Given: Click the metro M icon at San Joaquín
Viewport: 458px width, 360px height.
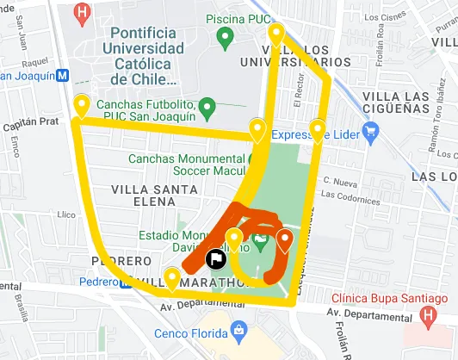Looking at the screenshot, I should [x=62, y=76].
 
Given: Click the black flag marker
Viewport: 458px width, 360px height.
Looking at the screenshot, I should [x=215, y=256].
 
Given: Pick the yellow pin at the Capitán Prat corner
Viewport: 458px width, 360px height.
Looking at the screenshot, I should [x=82, y=105].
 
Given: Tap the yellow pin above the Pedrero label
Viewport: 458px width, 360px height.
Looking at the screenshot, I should [x=172, y=278].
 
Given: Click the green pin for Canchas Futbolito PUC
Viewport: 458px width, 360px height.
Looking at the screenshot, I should [x=207, y=108].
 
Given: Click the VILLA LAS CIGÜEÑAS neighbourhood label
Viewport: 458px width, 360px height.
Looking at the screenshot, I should [x=399, y=96].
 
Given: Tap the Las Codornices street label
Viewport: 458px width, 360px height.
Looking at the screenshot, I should [x=353, y=197].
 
